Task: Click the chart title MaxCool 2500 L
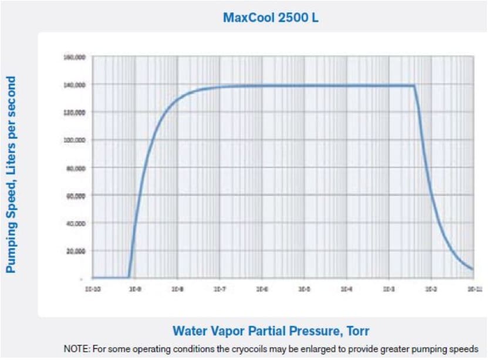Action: [271, 17]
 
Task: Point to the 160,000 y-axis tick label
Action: [73, 57]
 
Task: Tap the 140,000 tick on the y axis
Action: [73, 85]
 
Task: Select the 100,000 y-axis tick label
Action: [73, 140]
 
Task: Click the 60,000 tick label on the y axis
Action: [75, 196]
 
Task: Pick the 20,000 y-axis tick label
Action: [75, 251]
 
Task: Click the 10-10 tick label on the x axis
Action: [93, 289]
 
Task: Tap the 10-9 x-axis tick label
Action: [134, 289]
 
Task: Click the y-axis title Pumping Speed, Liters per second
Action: [11, 174]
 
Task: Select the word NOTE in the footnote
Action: [75, 348]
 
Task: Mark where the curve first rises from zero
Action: [129, 277]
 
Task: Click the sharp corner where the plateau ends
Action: [414, 86]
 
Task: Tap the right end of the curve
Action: [472, 269]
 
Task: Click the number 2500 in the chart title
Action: [292, 17]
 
